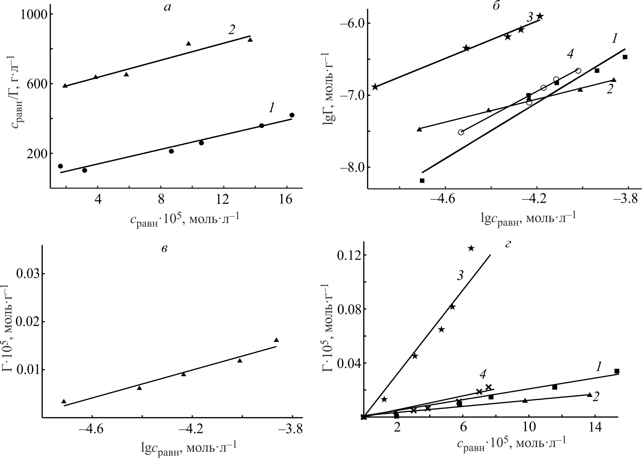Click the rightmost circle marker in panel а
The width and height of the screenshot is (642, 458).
click(292, 115)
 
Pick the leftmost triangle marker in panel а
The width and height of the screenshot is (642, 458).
click(65, 85)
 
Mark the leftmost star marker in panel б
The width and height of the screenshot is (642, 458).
click(375, 87)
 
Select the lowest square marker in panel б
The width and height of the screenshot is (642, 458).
click(422, 180)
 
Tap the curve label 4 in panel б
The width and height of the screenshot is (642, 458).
click(570, 55)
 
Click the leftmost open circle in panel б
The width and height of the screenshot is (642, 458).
click(461, 132)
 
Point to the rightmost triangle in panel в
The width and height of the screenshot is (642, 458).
click(276, 340)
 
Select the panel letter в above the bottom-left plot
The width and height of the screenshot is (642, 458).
click(164, 249)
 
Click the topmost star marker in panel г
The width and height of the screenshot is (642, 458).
click(471, 248)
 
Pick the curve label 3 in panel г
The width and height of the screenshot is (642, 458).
click(460, 276)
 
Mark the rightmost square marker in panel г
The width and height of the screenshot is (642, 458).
click(616, 371)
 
